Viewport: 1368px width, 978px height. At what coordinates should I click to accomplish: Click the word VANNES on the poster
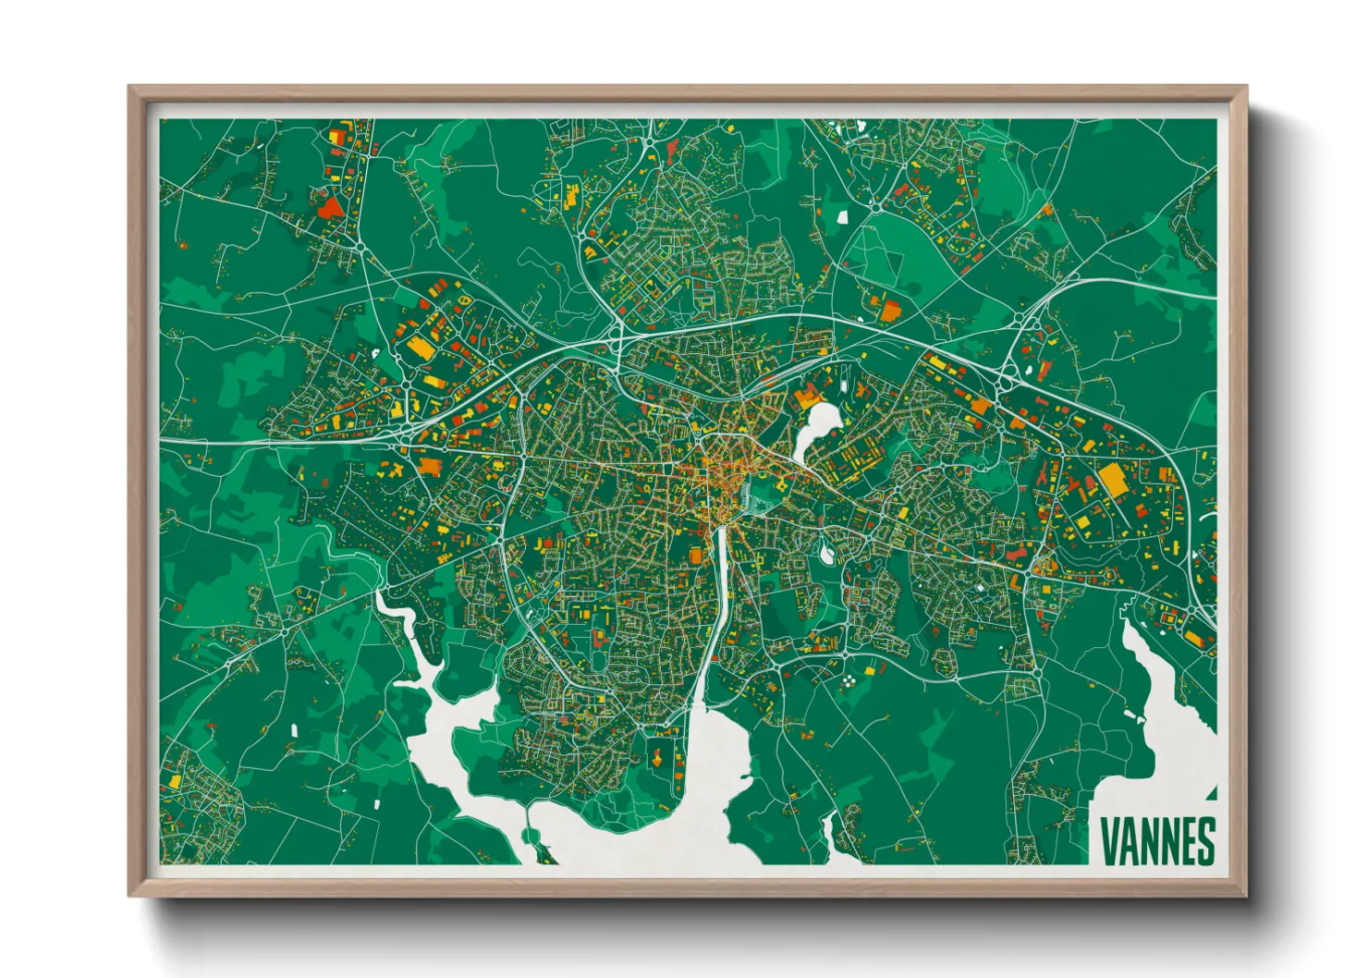pos(1157,841)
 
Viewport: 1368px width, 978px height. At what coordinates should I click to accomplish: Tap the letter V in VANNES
pos(1109,841)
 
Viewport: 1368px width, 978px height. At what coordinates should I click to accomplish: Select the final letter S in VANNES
pos(1205,841)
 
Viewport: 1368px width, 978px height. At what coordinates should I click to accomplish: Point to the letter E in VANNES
pos(1187,841)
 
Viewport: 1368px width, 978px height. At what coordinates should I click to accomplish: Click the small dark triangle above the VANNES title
pos(1211,793)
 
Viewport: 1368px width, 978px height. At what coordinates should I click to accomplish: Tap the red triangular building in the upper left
pos(328,205)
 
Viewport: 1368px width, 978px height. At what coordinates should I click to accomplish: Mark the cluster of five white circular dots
pos(847,681)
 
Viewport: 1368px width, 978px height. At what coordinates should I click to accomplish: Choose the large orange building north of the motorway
pos(888,311)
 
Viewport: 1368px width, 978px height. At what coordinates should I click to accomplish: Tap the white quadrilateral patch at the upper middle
pos(842,217)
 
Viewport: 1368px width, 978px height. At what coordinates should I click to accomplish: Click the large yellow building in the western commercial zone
pos(420,348)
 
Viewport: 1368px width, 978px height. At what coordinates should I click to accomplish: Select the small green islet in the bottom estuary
pos(531,837)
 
